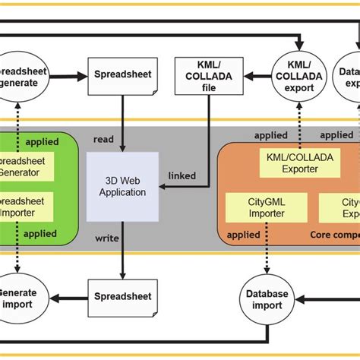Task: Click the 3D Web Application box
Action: click(x=122, y=186)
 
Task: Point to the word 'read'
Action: click(x=104, y=140)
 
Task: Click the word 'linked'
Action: click(x=181, y=176)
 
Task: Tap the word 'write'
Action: click(x=106, y=238)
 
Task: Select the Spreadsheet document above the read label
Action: click(x=122, y=75)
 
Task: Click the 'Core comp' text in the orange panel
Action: click(x=335, y=235)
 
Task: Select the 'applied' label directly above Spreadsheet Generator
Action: click(x=42, y=142)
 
